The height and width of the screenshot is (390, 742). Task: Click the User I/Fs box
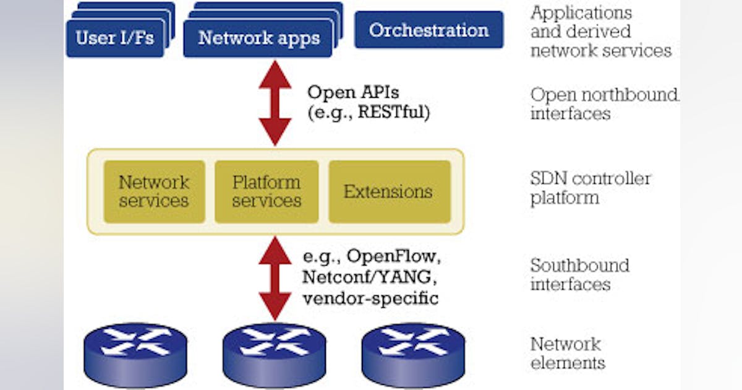[115, 38]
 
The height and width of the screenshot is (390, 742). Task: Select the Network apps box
[258, 38]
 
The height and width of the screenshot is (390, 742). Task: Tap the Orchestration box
[429, 30]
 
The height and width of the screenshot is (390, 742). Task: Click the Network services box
[154, 192]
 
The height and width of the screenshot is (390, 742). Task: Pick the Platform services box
[267, 192]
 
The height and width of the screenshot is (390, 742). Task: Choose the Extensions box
[388, 192]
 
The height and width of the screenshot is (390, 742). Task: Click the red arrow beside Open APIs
[275, 103]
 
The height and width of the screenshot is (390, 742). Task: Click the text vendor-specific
[370, 298]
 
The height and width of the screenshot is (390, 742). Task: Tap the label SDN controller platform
[591, 188]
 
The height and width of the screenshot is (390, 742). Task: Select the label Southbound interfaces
[579, 275]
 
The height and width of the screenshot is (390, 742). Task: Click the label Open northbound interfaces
[603, 104]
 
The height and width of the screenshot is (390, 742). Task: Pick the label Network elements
[567, 353]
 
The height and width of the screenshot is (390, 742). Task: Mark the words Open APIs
[353, 93]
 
